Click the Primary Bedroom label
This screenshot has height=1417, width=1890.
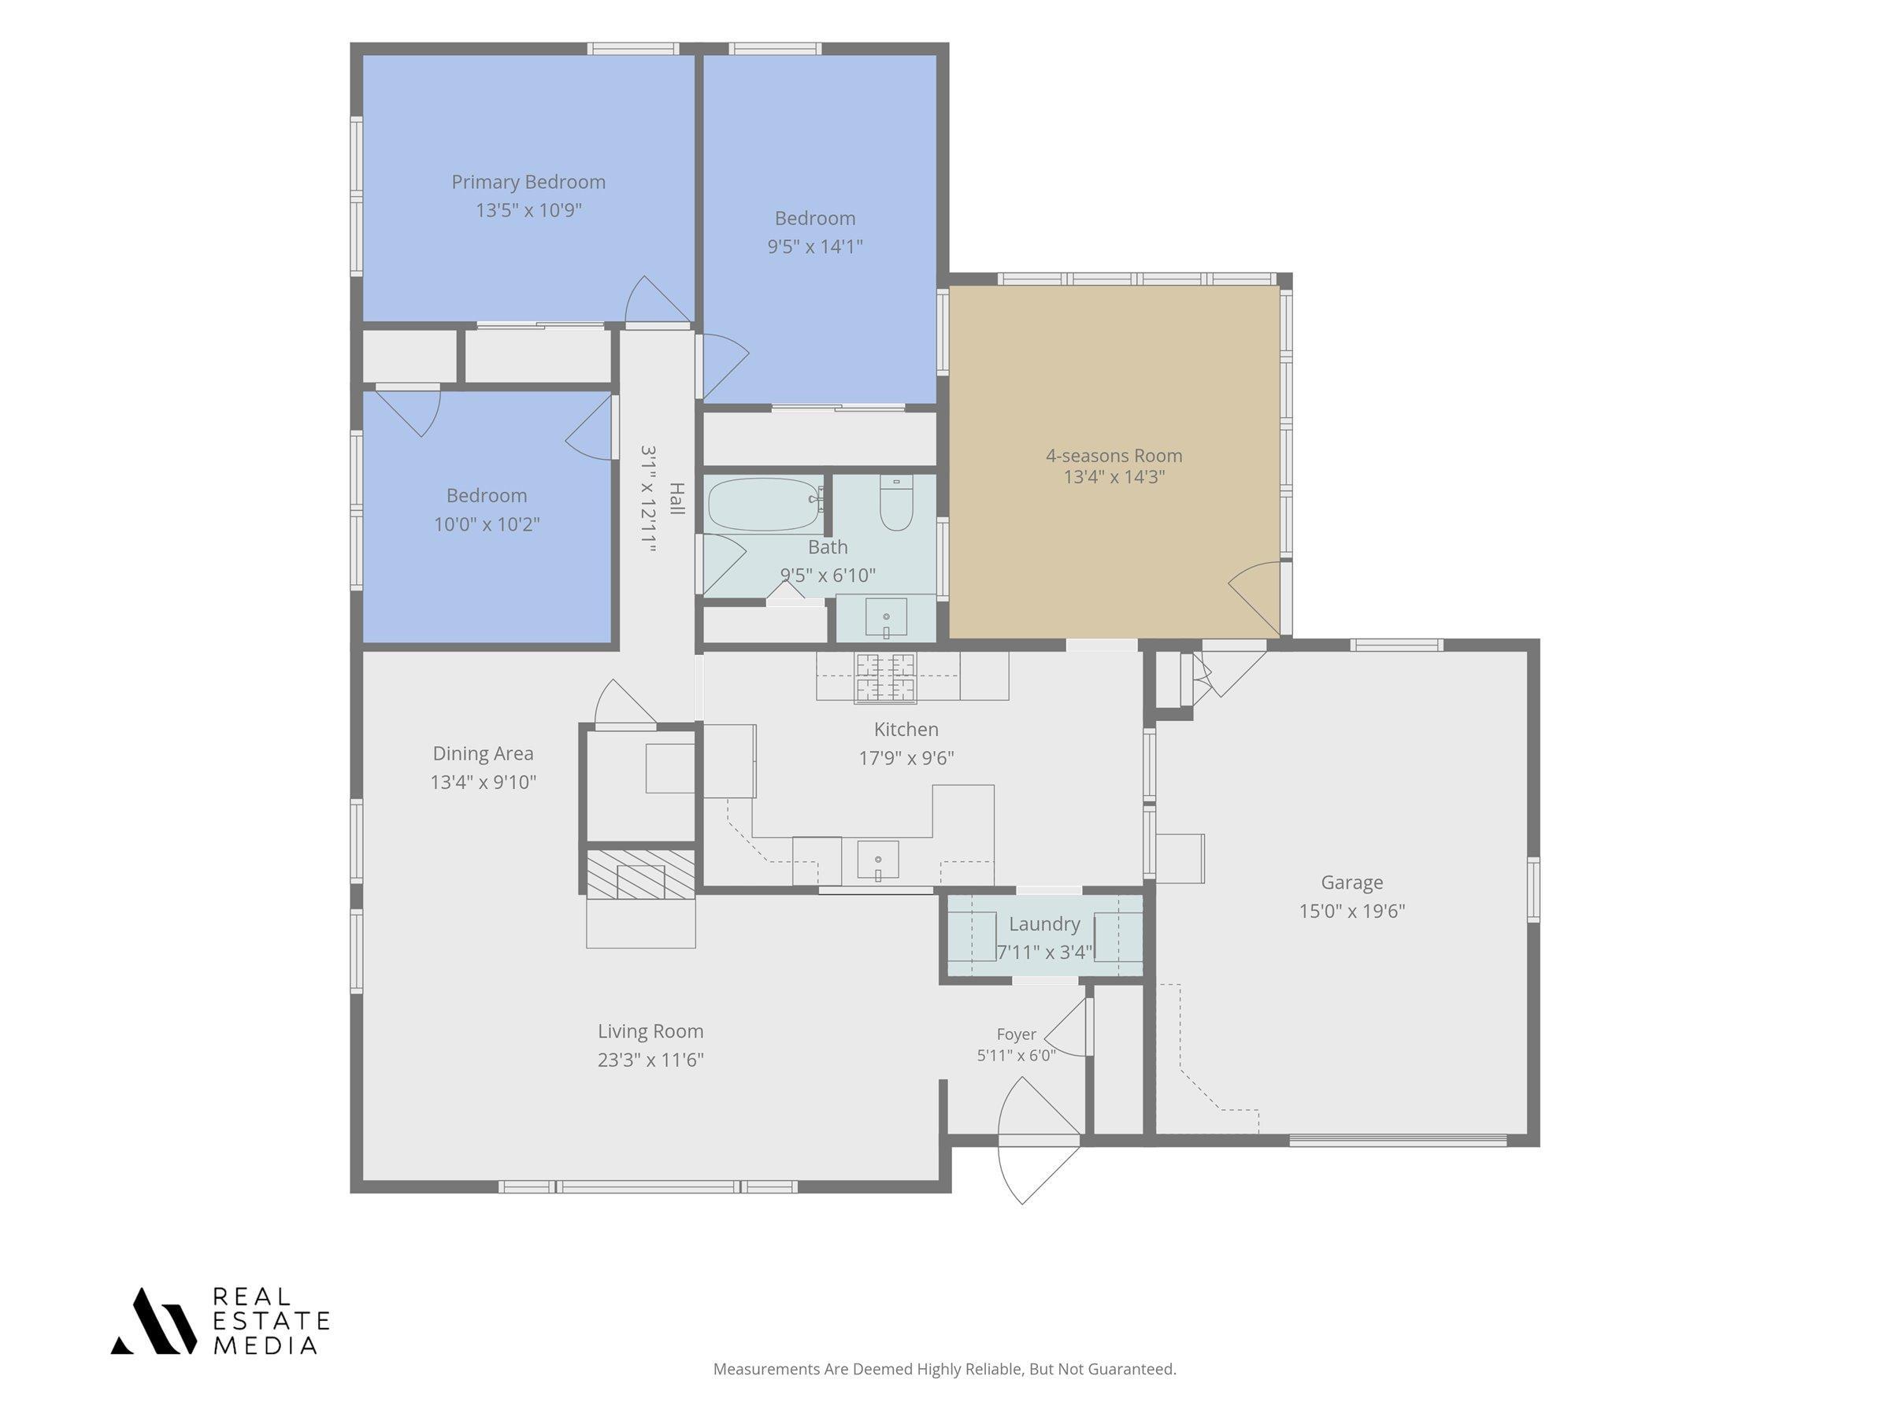[x=528, y=182]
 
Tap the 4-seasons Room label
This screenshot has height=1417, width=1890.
[x=1114, y=455]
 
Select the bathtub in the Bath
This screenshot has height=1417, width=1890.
[x=764, y=504]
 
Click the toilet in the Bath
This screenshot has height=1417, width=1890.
[x=896, y=502]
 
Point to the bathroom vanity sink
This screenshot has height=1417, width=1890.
[x=886, y=617]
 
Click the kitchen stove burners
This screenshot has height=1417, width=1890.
[x=885, y=677]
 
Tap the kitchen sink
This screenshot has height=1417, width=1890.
[x=877, y=860]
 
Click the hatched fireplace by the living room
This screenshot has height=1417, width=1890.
[x=640, y=874]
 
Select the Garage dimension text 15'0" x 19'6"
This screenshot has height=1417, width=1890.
[x=1351, y=911]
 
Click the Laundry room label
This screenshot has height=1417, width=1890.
[x=1044, y=923]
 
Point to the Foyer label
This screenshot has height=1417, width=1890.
[x=1016, y=1034]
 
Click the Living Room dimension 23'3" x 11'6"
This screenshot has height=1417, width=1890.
[x=650, y=1059]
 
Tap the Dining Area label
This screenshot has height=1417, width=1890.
[x=483, y=753]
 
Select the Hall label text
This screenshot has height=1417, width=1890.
[x=676, y=498]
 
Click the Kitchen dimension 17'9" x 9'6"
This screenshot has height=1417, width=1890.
[x=906, y=757]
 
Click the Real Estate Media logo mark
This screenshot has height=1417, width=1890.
[x=154, y=1320]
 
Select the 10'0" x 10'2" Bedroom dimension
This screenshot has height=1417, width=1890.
[x=486, y=524]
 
